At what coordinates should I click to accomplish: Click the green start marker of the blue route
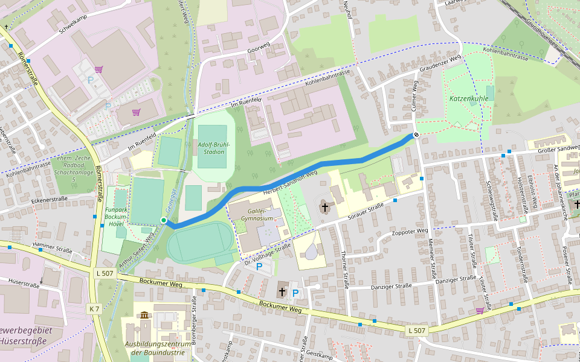point(163,220)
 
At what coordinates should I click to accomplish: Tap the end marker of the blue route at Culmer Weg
point(416,135)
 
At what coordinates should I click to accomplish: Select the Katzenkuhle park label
point(468,98)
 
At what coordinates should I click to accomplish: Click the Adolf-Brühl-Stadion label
point(211,148)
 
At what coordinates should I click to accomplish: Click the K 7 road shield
point(94,308)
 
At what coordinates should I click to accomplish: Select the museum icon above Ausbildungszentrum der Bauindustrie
point(144,315)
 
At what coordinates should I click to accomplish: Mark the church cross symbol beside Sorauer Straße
point(324,208)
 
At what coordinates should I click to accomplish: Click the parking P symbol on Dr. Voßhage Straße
point(259,266)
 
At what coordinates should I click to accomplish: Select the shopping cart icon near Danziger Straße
point(480,310)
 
